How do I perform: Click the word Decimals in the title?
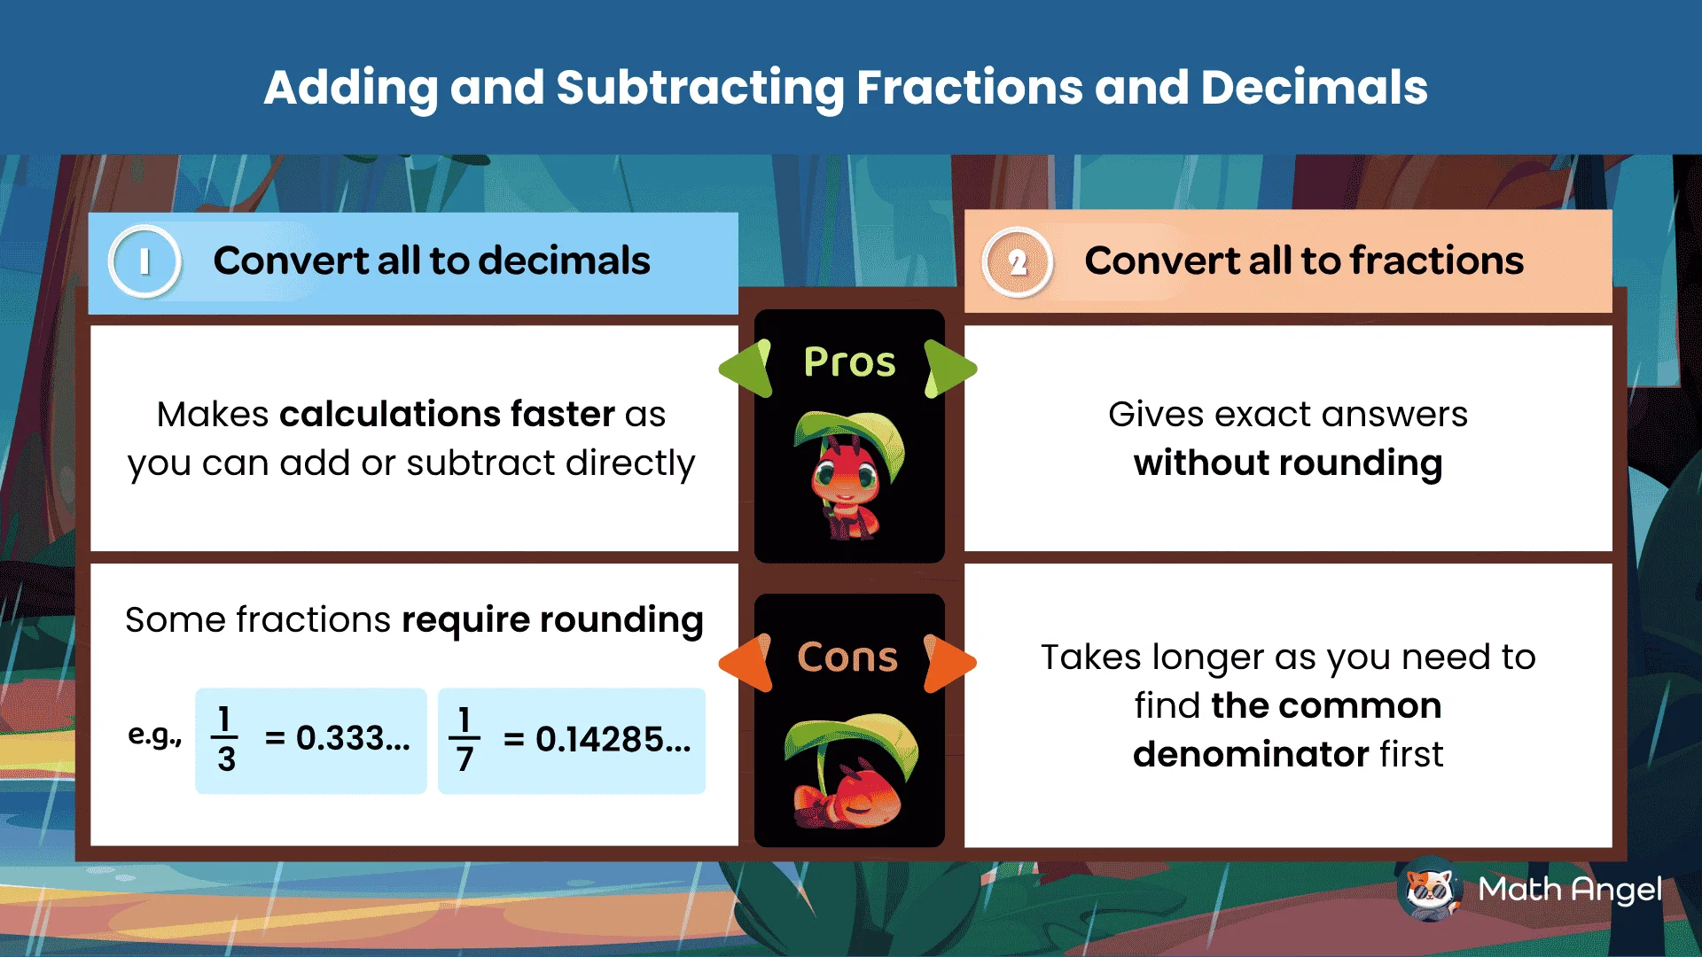[1314, 88]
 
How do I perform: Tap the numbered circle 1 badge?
[144, 262]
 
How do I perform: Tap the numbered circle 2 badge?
[1018, 262]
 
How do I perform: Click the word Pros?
[849, 362]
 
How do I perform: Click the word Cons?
[847, 657]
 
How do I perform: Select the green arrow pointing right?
[949, 369]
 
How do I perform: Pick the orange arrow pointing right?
[949, 662]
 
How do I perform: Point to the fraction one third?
[225, 739]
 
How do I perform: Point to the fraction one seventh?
[464, 739]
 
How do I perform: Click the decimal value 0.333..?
[353, 738]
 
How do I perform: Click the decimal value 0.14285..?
[613, 739]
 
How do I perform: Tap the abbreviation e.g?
[154, 735]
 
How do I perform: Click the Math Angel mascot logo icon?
[1430, 889]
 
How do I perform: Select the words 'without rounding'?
[1288, 463]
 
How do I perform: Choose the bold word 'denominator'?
[1251, 754]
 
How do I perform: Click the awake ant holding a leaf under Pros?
[848, 475]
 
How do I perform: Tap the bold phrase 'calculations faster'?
[447, 414]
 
